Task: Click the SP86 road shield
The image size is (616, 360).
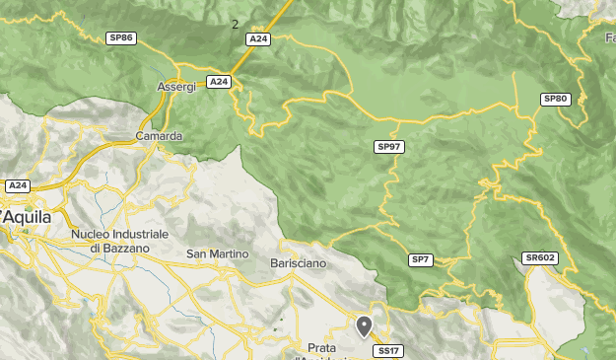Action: (x=121, y=37)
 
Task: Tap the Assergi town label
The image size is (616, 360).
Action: (x=177, y=87)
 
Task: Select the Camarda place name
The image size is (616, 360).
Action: (x=160, y=136)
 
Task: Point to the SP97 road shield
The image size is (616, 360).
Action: (x=390, y=147)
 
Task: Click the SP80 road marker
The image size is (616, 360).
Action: (x=556, y=99)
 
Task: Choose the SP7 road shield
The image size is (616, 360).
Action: (x=421, y=259)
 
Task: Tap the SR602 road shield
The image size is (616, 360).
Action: (x=540, y=257)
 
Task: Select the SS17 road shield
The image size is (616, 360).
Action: (x=387, y=350)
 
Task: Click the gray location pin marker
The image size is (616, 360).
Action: (x=365, y=325)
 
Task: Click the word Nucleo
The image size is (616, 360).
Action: (x=92, y=235)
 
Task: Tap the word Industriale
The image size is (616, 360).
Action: (x=141, y=235)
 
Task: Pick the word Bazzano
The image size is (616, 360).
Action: (x=127, y=249)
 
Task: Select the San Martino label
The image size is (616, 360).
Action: (x=217, y=254)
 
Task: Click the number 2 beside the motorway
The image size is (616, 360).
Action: (x=235, y=24)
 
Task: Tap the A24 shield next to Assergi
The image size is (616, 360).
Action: (x=219, y=81)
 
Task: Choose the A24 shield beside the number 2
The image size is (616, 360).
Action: (x=258, y=38)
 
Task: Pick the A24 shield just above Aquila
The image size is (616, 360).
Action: (x=18, y=185)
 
